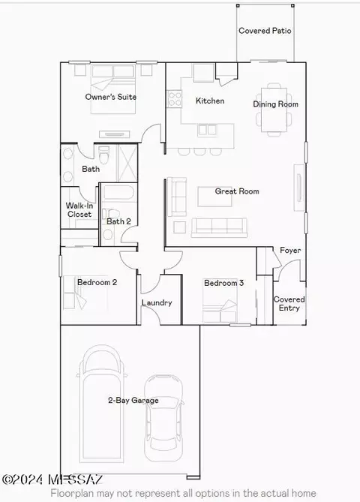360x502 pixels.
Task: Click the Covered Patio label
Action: pos(265,31)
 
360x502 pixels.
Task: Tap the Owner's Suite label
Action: pos(111,97)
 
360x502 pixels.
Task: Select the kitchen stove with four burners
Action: pos(175,98)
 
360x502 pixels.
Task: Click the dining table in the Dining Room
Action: pos(274,110)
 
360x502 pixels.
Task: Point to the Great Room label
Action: pos(237,191)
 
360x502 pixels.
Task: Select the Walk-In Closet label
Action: pos(79,210)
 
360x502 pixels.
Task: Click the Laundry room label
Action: pos(157,302)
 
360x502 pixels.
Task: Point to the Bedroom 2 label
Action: pos(97,282)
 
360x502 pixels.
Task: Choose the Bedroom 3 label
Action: pos(223,283)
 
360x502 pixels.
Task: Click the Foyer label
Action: pos(290,251)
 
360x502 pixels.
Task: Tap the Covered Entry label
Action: pos(289,303)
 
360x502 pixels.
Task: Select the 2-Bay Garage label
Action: pos(133,400)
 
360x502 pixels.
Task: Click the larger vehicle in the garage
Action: pos(101,404)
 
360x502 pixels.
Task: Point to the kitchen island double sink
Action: pos(207,130)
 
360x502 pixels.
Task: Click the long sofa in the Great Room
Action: pos(219,227)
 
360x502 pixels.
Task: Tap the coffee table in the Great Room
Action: pos(214,197)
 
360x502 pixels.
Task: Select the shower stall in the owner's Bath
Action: pos(127,164)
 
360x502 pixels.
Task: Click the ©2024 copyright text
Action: pos(22,479)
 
